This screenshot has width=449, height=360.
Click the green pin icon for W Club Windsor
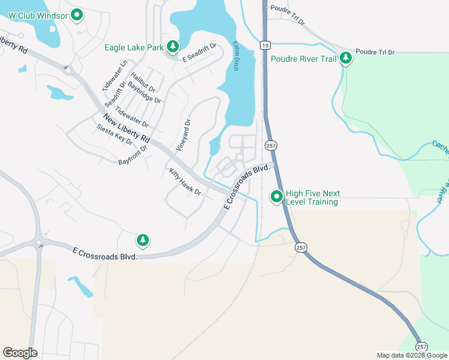tap(77, 15)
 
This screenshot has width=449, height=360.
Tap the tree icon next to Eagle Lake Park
tap(173, 47)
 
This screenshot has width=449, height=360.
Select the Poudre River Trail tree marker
tap(345, 59)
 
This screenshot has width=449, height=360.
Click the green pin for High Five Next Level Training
tap(277, 196)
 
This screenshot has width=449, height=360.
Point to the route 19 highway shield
tap(264, 44)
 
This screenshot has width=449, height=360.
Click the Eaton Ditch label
tap(236, 56)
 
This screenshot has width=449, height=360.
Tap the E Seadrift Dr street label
tap(199, 57)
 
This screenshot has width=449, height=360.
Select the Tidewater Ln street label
tap(116, 74)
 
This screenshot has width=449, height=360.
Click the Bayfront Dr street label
tap(133, 155)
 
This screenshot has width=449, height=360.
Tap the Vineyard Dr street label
tap(183, 134)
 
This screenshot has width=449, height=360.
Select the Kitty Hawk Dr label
tap(185, 182)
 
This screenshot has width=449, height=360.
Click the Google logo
tap(20, 353)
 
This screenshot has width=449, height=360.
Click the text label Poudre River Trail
tap(303, 59)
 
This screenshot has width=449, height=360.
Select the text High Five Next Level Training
tap(313, 197)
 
